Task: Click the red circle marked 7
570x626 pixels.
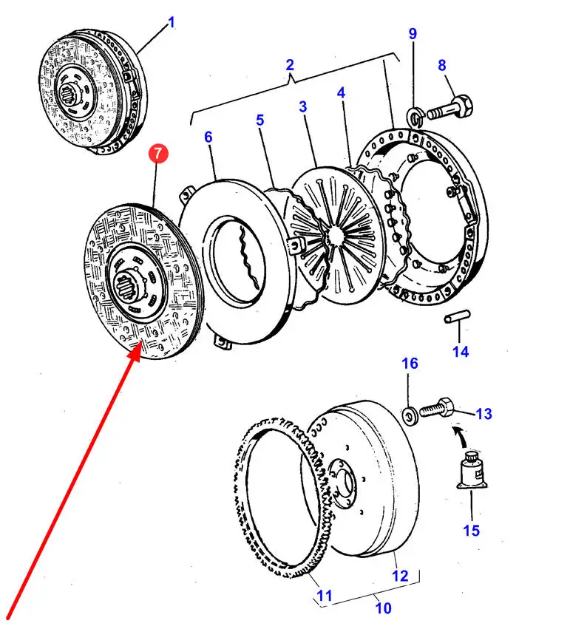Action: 158,154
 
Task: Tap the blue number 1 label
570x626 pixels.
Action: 172,23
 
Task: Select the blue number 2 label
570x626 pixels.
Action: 291,65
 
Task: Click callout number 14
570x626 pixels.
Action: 461,352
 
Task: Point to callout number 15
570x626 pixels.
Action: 471,530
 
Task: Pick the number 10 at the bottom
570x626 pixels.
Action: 383,608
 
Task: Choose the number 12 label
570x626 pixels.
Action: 399,576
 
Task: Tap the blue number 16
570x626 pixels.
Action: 410,363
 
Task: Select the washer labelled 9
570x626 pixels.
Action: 415,116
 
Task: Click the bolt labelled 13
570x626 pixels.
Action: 436,408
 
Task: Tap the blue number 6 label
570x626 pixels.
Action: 208,137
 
